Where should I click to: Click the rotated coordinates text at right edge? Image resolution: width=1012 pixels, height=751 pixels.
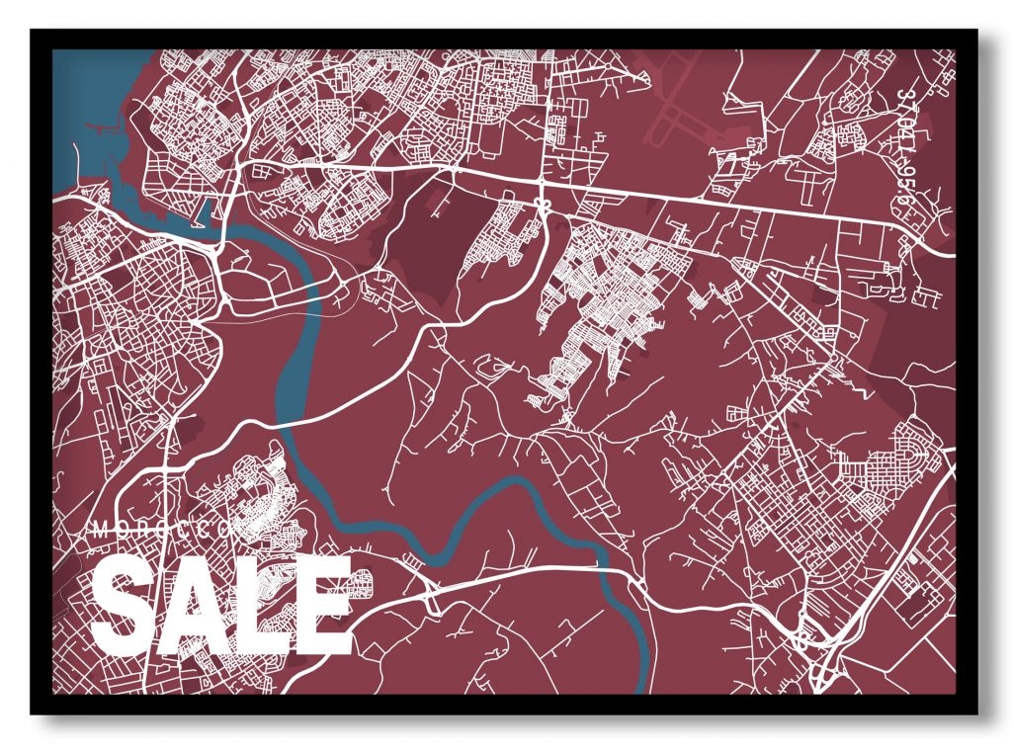[x=907, y=148]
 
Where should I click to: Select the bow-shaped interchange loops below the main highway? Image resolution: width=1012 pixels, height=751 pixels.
[x=542, y=204]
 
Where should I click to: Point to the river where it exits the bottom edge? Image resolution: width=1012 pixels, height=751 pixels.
[x=644, y=682]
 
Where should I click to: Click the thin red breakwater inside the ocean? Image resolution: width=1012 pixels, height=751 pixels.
[x=104, y=127]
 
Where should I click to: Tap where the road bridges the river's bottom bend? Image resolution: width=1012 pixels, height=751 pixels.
[x=605, y=571]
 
